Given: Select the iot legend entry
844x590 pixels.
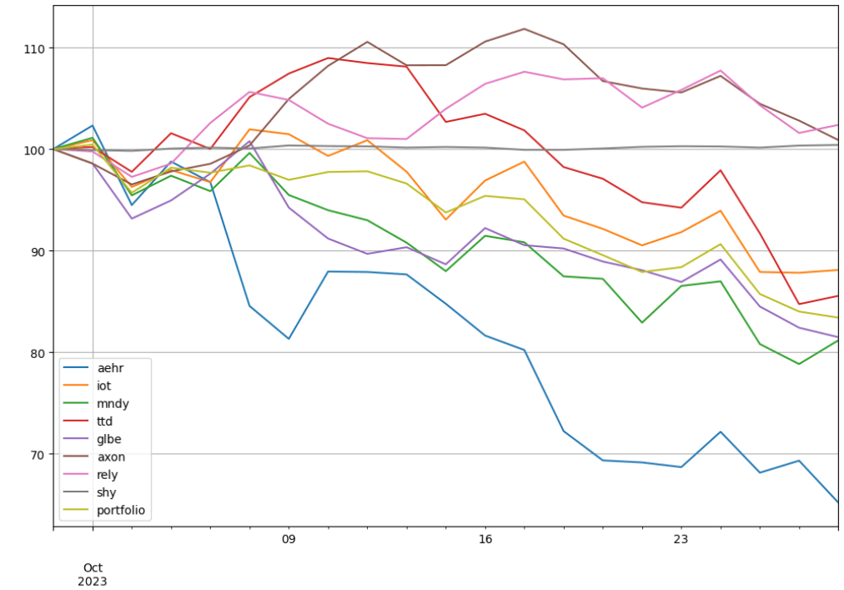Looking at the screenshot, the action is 88,386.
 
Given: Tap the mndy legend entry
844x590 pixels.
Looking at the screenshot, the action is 97,404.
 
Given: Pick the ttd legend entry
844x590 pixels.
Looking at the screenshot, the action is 88,421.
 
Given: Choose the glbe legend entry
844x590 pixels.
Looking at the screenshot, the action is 93,439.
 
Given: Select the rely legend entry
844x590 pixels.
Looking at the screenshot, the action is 90,475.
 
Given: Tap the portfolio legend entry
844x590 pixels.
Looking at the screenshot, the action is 104,510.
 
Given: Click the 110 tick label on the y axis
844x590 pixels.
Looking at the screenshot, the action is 34,48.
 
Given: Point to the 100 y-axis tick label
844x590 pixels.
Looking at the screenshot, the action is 34,149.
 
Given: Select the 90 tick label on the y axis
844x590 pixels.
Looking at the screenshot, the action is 38,251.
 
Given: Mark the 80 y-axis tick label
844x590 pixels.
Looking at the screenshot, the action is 38,353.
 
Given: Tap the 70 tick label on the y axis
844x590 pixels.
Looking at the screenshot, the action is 38,454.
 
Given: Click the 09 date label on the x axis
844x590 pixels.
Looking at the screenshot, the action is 289,539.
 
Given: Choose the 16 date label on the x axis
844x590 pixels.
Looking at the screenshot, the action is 485,539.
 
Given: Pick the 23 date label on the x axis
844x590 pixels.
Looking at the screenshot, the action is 681,539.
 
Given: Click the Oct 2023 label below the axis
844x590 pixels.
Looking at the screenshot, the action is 93,574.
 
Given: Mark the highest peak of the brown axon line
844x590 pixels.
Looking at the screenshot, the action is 525,28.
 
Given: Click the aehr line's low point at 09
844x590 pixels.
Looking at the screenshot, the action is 289,338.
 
